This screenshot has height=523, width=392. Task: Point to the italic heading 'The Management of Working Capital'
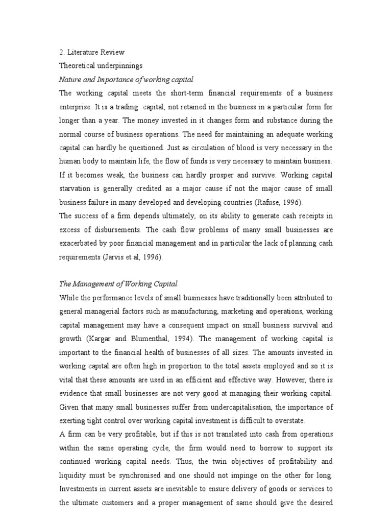118,283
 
